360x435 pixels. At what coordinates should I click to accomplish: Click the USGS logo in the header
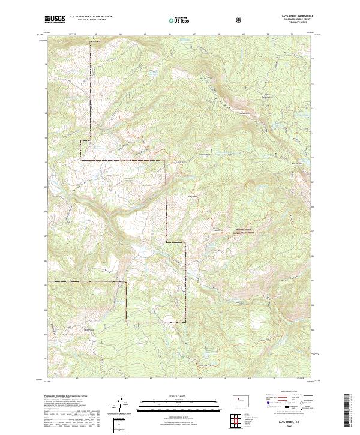coord(55,20)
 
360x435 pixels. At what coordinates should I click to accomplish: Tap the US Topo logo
coord(179,20)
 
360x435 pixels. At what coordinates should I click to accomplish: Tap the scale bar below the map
coord(171,404)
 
